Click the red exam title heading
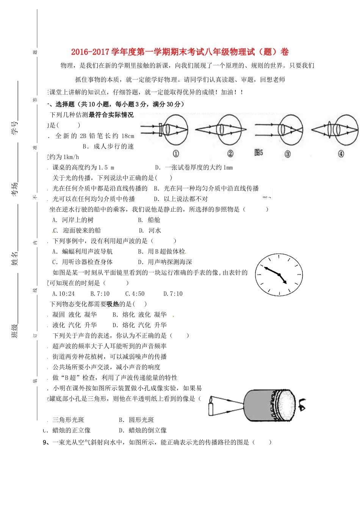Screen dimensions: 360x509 coord(180,52)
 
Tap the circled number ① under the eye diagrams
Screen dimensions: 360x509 coord(176,154)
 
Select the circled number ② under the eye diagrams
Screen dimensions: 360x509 coord(230,154)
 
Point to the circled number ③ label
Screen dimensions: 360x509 coord(288,154)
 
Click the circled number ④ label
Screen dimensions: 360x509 coord(341,154)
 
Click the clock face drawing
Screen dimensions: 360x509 coord(279,275)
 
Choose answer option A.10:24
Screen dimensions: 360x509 coord(63,294)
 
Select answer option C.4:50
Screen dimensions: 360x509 coord(135,294)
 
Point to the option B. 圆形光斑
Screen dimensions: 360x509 coord(136,420)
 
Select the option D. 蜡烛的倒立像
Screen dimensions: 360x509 coord(143,430)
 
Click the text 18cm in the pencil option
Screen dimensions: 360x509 coord(128,136)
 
